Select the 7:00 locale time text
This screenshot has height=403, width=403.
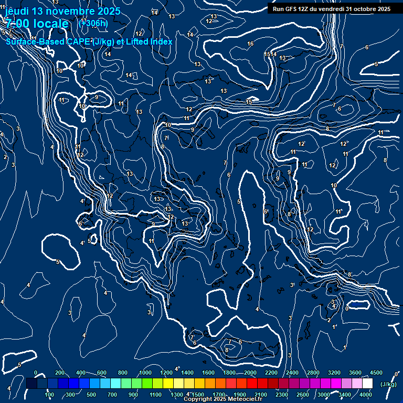(x=37, y=24)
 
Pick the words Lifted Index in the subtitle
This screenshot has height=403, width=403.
(x=149, y=41)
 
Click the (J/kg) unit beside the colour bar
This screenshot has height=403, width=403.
(x=388, y=384)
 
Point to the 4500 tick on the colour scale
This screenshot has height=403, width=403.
(x=376, y=373)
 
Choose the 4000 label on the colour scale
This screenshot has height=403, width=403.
(x=366, y=395)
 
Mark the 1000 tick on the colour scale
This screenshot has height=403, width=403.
(x=145, y=373)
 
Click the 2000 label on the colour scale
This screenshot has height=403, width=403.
(x=250, y=373)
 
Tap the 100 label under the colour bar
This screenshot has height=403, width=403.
(x=50, y=395)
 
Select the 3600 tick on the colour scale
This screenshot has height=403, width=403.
(x=355, y=373)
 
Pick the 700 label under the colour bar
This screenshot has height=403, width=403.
(x=112, y=395)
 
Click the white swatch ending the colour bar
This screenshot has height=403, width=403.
(x=367, y=384)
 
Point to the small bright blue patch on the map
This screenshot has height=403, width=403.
(x=357, y=304)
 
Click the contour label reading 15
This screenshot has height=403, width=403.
(x=267, y=55)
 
